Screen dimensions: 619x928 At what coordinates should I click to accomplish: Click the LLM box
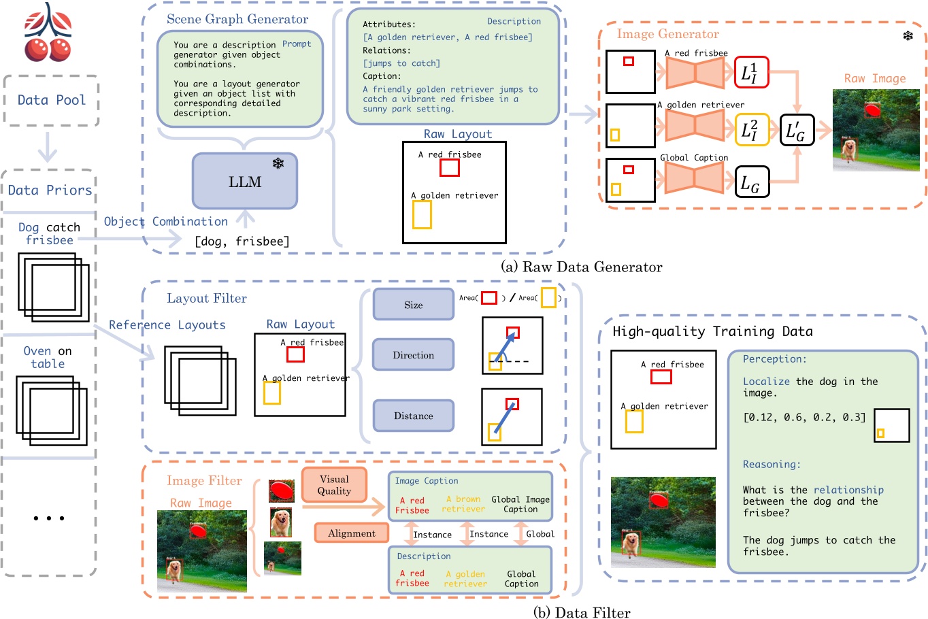[245, 181]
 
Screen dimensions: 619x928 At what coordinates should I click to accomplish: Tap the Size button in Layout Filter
[413, 305]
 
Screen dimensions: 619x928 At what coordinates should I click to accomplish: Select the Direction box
[413, 355]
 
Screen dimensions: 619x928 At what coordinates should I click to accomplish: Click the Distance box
[413, 416]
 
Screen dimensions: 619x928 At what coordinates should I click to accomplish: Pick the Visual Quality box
[334, 485]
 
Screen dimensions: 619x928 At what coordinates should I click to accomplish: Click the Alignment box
[351, 533]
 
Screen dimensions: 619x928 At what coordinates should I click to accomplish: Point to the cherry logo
[48, 32]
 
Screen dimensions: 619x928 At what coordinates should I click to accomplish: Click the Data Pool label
[52, 100]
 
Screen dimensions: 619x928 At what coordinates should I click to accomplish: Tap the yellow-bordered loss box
[751, 129]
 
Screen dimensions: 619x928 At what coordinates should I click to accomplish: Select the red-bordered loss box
[751, 72]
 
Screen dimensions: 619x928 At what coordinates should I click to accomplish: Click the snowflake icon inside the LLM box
[278, 163]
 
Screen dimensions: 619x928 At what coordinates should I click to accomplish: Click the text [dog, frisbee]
[242, 241]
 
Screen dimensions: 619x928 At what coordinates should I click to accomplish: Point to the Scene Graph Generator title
[237, 19]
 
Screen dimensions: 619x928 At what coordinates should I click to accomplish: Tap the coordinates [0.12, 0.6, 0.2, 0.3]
[804, 417]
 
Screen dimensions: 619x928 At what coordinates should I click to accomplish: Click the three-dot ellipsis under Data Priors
[49, 518]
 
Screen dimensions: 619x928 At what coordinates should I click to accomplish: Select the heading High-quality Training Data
[712, 331]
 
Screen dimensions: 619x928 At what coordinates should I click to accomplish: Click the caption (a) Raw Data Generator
[582, 267]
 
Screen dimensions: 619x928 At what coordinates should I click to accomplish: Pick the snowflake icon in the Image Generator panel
[908, 35]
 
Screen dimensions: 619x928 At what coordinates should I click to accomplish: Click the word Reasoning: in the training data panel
[772, 464]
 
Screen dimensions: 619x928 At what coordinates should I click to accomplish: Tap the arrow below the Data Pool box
[48, 146]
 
